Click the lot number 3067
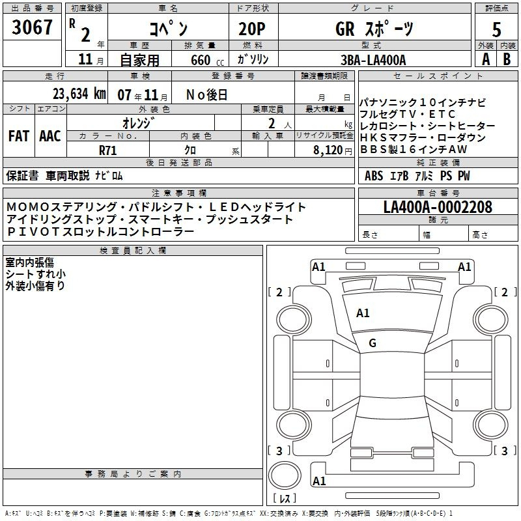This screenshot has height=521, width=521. tap(33, 27)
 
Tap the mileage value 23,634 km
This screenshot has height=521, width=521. tap(79, 94)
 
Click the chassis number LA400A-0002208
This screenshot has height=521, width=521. tap(438, 207)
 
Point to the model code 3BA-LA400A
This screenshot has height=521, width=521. tap(373, 60)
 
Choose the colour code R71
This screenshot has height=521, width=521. tap(108, 150)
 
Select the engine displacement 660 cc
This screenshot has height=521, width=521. tap(201, 61)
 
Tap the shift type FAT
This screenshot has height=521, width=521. tap(18, 136)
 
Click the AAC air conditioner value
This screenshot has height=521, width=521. tap(49, 136)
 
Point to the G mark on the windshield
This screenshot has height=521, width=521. tap(373, 343)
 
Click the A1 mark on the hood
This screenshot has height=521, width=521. tap(363, 313)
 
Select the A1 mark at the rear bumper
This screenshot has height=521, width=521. tap(319, 481)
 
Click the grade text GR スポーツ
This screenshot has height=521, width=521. tap(373, 29)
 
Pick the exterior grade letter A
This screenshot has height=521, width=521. tap(485, 59)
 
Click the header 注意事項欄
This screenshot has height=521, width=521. tap(178, 193)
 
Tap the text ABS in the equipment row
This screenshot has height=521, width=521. tap(373, 176)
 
